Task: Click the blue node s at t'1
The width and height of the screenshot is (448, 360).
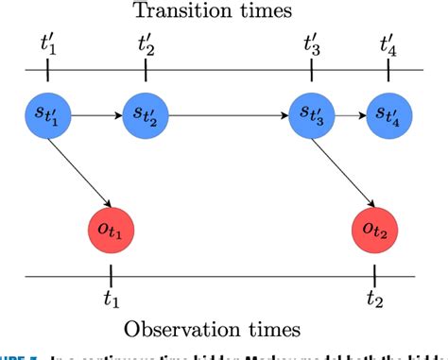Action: coord(46,118)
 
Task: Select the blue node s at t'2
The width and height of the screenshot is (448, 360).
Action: coord(145,118)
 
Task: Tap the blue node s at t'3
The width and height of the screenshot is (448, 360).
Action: coord(312,118)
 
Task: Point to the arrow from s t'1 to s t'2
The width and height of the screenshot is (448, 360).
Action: coord(95,118)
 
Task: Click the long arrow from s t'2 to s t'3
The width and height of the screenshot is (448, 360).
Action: coord(228,118)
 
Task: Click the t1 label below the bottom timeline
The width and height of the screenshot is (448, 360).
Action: coord(112,299)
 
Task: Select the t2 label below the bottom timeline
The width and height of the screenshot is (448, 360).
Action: coord(375,299)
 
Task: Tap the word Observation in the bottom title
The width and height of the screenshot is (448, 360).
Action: coord(188,330)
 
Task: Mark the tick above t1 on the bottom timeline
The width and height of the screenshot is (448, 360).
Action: coord(111,276)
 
